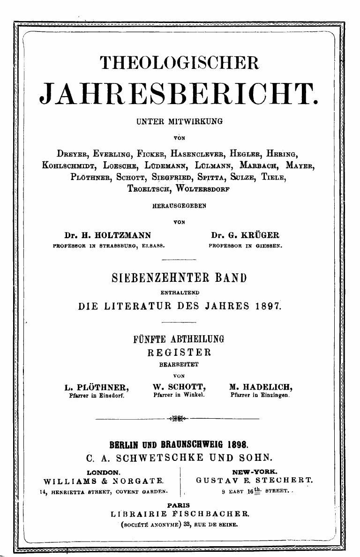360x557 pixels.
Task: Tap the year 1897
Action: pos(269,307)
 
